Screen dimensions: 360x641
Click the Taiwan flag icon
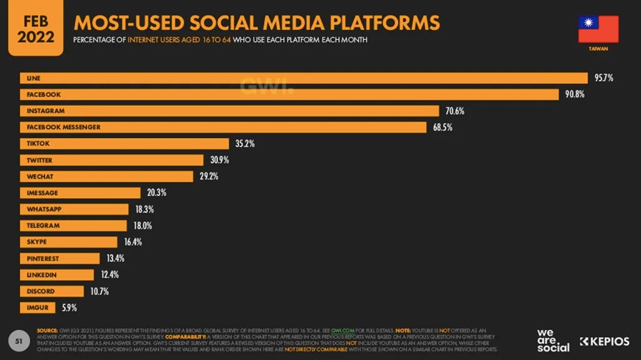click(598, 29)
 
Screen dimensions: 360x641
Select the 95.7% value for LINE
click(603, 78)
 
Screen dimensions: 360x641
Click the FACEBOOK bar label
click(44, 95)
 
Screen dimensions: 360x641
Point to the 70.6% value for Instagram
click(454, 111)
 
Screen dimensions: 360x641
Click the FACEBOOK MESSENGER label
click(63, 127)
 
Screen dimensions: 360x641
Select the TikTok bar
click(125, 143)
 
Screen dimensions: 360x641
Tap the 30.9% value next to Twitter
click(219, 160)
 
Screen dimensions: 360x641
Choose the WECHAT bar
click(107, 177)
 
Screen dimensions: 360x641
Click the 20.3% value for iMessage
click(156, 193)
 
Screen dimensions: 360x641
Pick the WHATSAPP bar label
click(44, 209)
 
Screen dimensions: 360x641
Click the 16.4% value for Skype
click(133, 242)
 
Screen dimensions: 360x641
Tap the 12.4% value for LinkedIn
click(110, 274)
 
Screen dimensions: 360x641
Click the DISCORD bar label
click(41, 291)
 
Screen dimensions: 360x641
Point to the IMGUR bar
click(38, 307)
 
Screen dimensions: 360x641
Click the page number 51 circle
click(19, 341)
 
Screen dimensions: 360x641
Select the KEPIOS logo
click(604, 341)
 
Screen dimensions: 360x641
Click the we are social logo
click(553, 340)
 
